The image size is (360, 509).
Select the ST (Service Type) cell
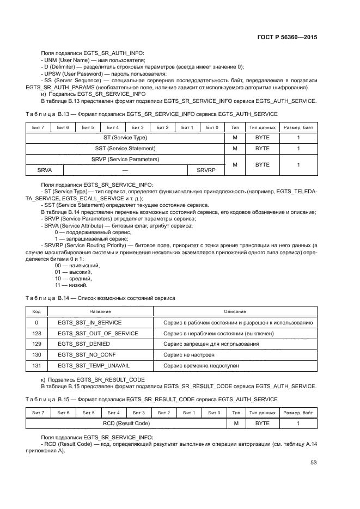point(125,138)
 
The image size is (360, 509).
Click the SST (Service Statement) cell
point(125,148)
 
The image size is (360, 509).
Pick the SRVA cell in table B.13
point(45,170)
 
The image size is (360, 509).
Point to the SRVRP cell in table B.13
point(206,170)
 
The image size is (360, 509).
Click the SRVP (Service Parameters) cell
point(125,160)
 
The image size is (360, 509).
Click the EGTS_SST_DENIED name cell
point(84,344)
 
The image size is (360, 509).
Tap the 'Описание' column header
point(235,311)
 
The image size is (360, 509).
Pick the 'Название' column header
point(100,311)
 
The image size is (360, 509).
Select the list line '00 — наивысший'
point(74,265)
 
